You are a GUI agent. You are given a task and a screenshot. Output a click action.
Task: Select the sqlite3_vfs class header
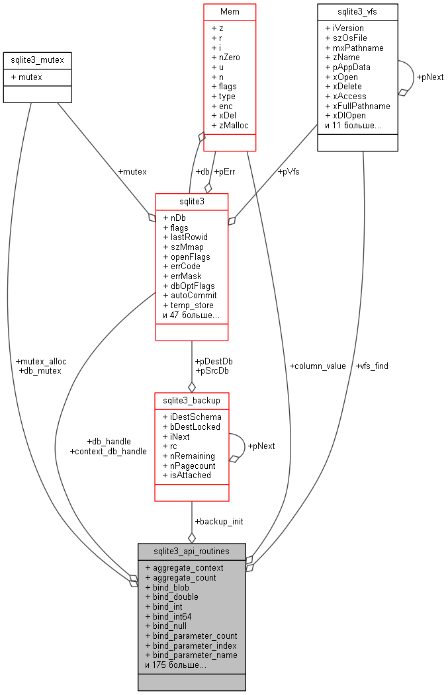tap(357, 12)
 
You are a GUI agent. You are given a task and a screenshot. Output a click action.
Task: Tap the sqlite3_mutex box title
tap(37, 61)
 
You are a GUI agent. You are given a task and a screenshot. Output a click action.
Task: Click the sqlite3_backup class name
tap(192, 401)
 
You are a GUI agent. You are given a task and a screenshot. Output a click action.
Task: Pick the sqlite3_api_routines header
tap(191, 551)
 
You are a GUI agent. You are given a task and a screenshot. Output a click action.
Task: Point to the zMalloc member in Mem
tap(230, 125)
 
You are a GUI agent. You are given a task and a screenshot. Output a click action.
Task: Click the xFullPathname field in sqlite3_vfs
tap(357, 106)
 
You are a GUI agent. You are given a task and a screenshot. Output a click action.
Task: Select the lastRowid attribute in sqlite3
tap(185, 237)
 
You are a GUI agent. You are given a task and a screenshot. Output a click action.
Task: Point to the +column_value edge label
tap(317, 366)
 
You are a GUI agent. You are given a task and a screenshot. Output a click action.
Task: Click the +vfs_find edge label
tap(372, 366)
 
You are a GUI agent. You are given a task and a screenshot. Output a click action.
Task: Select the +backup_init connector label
tap(218, 521)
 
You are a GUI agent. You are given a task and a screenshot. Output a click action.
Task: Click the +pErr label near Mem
tap(224, 172)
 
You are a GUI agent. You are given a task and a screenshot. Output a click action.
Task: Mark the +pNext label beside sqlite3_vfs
tap(430, 77)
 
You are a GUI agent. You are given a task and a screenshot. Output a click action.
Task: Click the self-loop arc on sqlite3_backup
tap(242, 446)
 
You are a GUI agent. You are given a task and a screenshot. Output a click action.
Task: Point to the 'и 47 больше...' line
tap(191, 315)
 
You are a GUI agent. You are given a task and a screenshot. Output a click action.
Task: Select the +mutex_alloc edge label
tap(40, 361)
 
